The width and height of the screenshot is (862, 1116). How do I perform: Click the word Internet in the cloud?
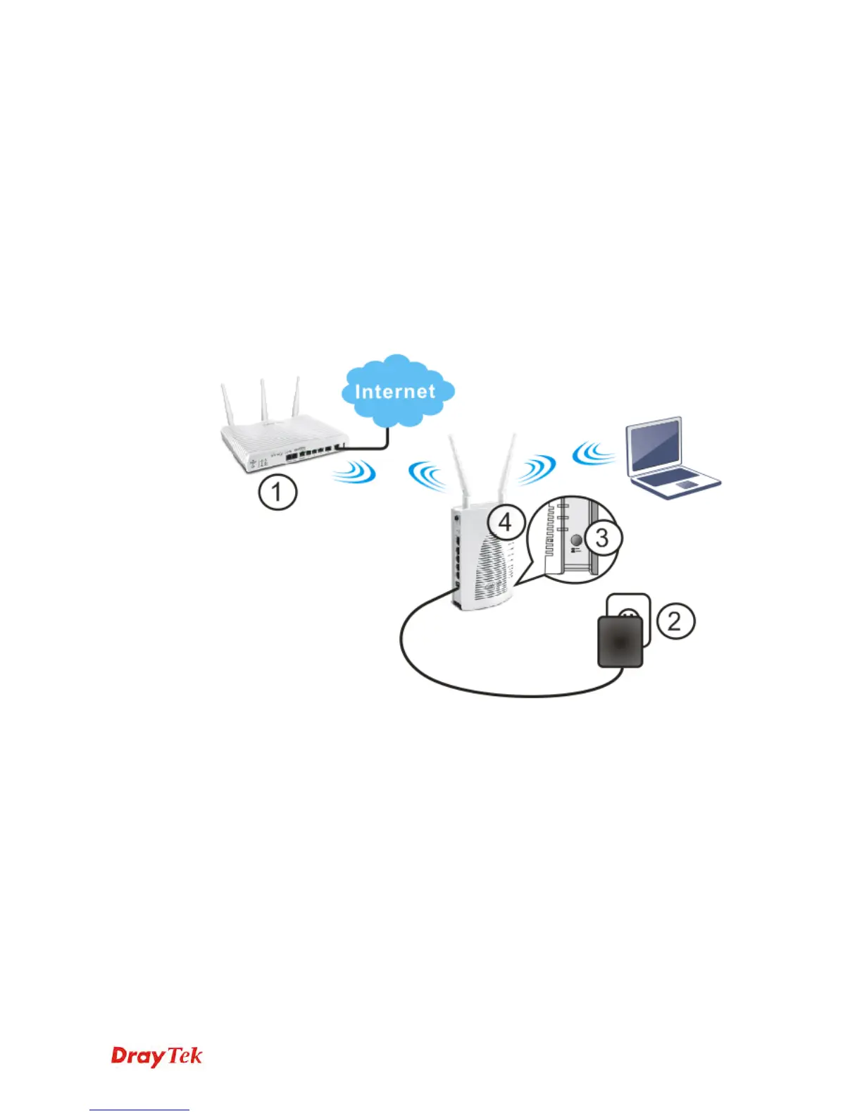click(x=395, y=392)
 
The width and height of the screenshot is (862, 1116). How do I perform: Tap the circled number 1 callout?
click(x=277, y=492)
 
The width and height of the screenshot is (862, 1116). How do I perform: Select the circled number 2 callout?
click(x=675, y=621)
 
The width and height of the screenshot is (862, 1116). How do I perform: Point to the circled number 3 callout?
click(x=601, y=538)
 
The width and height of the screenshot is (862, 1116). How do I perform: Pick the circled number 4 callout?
click(x=505, y=522)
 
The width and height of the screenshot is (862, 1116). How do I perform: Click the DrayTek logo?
click(x=156, y=1056)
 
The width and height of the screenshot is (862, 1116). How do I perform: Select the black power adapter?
click(x=620, y=642)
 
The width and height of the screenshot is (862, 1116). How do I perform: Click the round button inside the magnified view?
click(x=575, y=540)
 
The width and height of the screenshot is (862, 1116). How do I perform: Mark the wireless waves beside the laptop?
click(x=593, y=453)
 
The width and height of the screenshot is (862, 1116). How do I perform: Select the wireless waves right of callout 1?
click(x=354, y=472)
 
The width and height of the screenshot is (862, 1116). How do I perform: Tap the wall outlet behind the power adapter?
click(x=629, y=607)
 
